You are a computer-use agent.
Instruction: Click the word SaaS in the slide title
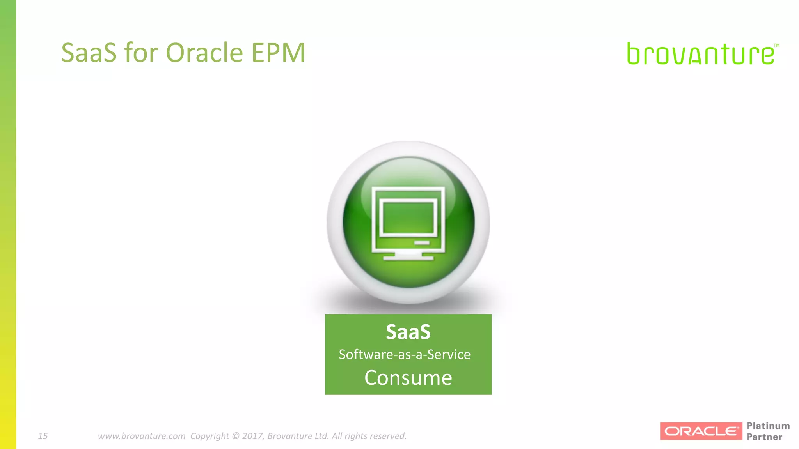89,53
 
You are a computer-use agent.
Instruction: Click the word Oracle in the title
204,53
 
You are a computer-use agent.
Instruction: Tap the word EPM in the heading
278,53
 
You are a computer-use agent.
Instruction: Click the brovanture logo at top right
700,54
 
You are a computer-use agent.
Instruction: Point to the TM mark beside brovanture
776,46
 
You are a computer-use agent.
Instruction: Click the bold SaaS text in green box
408,332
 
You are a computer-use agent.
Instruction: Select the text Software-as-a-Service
405,355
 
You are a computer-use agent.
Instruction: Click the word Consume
408,378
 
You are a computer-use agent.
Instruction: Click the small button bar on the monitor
422,243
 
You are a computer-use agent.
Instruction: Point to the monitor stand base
408,257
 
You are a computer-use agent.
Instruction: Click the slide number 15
43,436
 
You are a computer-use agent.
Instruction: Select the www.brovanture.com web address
141,436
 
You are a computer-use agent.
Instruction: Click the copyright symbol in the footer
235,436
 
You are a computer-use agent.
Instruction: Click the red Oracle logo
701,431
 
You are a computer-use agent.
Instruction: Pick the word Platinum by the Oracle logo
768,426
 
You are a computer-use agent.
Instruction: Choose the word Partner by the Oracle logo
764,437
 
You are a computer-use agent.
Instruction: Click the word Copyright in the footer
210,436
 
